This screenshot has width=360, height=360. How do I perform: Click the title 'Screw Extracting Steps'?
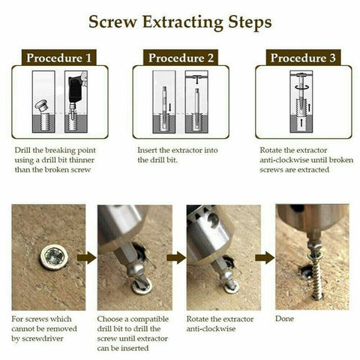180,22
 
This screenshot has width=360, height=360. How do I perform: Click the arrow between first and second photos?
87,257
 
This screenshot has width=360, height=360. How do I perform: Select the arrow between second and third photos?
175,257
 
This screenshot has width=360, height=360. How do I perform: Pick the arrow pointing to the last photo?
264,257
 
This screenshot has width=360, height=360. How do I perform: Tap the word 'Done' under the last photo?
286,317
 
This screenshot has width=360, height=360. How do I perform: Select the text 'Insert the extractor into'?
178,150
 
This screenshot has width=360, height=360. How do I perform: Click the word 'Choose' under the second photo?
112,317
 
